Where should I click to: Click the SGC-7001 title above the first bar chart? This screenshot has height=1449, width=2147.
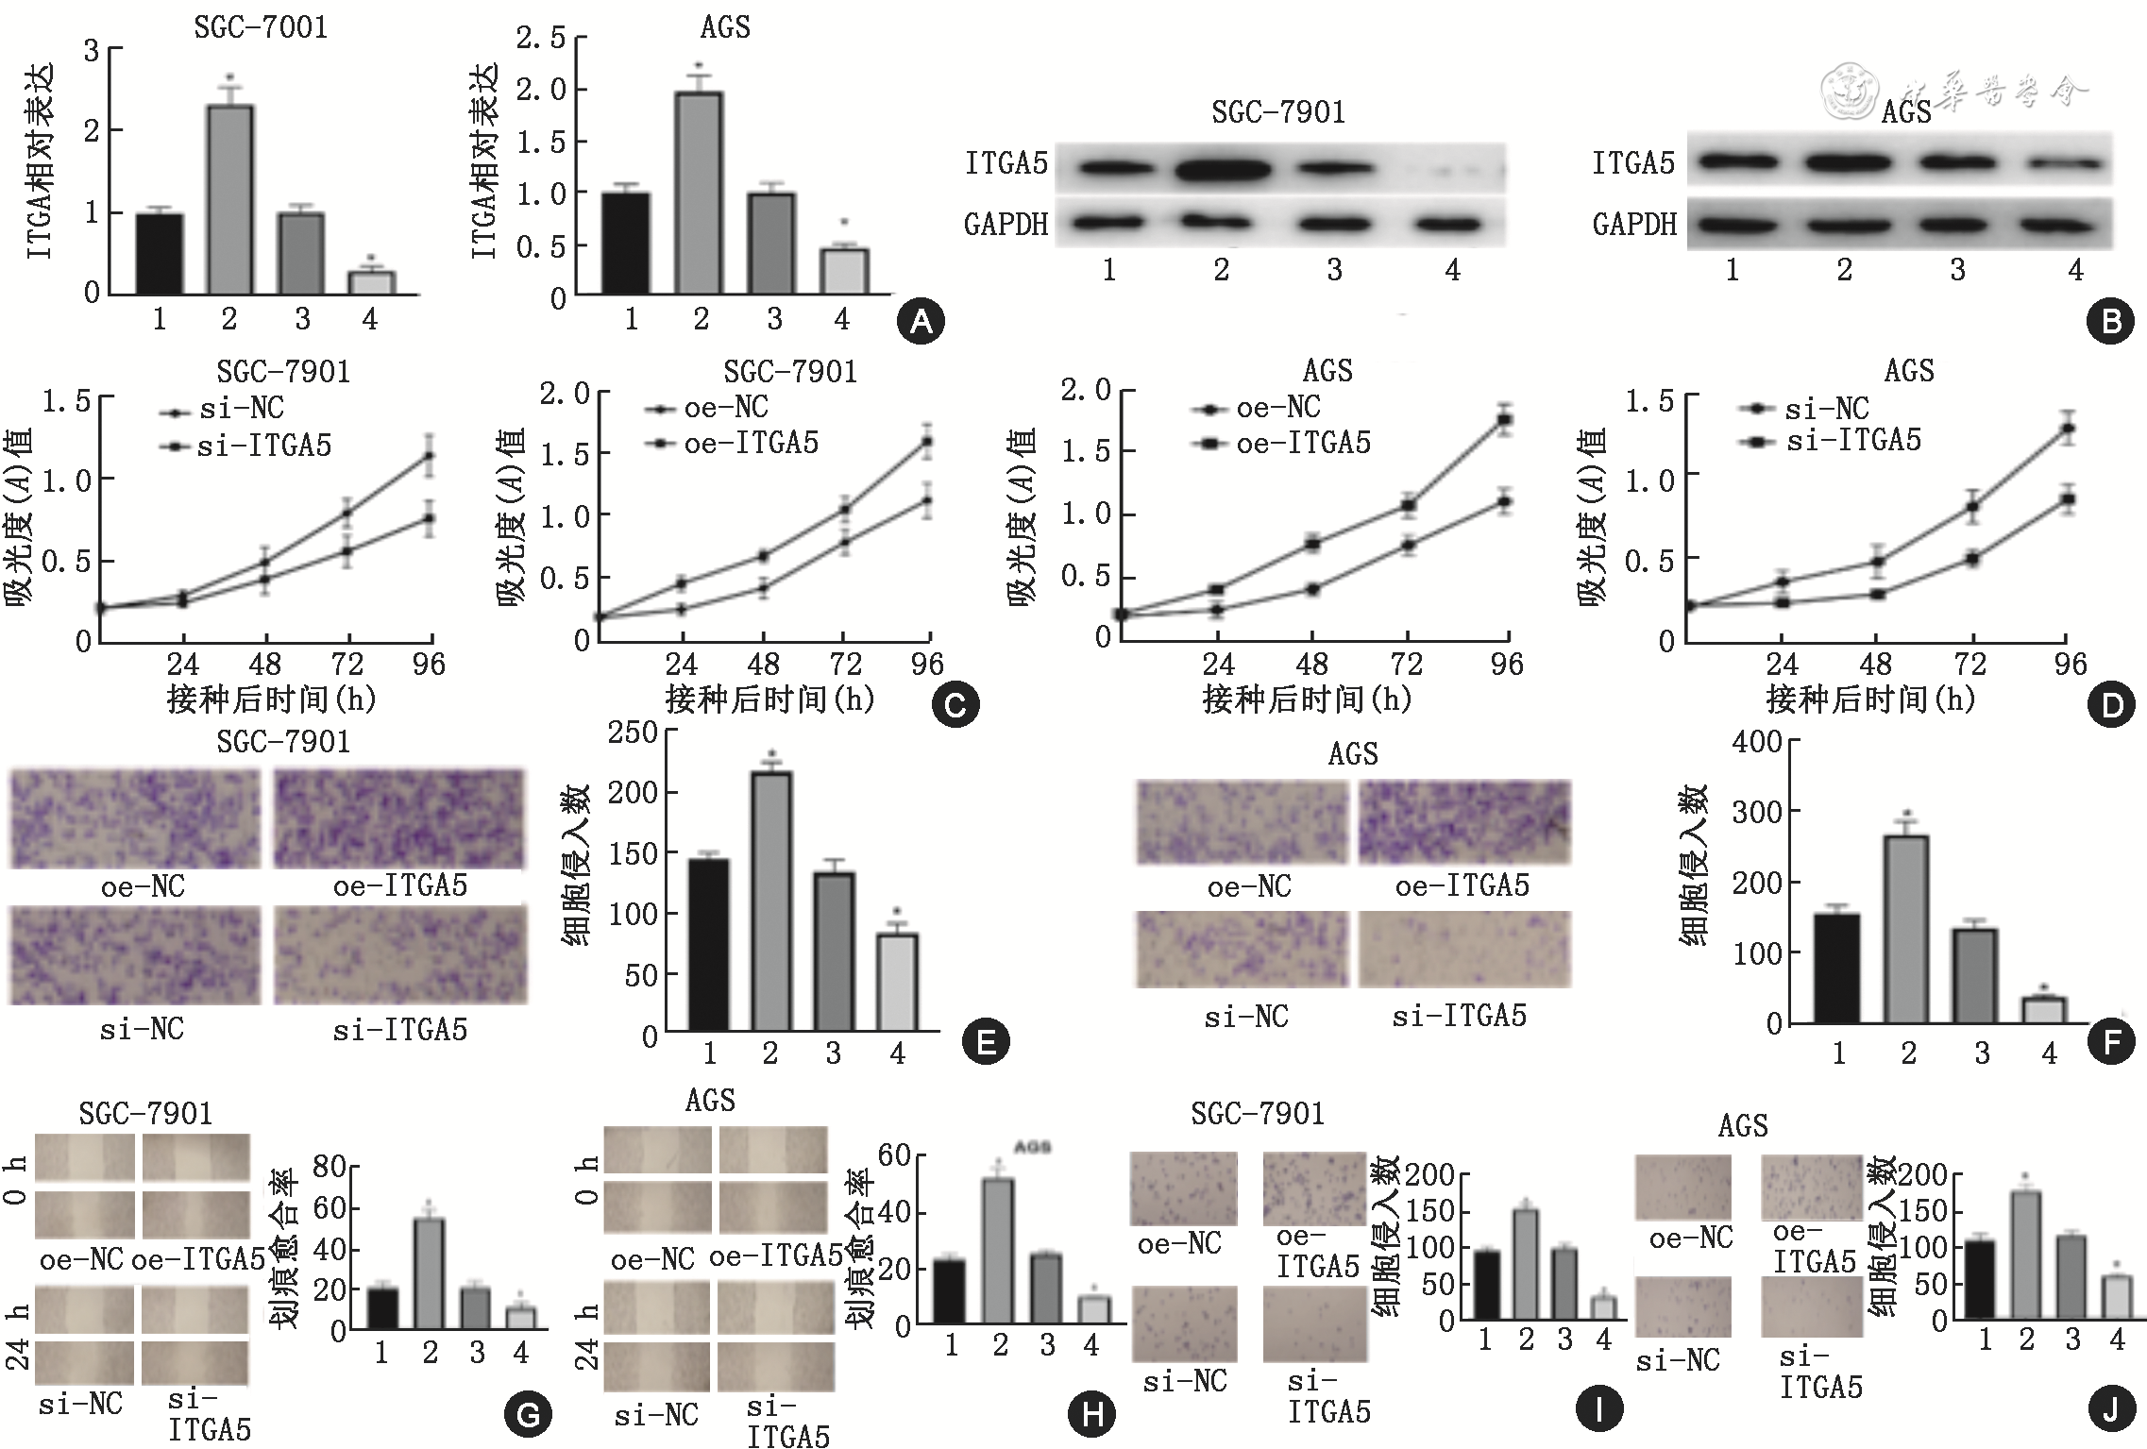point(261,26)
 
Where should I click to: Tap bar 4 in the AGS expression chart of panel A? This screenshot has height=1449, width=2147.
point(843,271)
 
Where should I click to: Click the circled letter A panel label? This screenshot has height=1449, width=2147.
point(920,321)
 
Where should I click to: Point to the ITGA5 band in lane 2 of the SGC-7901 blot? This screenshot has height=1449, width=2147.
point(1222,171)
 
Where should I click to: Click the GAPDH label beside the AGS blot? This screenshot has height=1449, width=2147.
point(1634,225)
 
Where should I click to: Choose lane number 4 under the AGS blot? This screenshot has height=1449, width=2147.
point(2074,271)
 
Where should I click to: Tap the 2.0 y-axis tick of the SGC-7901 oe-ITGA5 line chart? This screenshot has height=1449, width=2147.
point(565,394)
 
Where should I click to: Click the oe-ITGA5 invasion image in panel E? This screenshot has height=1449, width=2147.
point(398,818)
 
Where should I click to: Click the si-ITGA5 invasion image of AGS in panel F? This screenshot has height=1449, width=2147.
point(1464,949)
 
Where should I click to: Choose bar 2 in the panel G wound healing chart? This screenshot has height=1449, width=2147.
point(430,1273)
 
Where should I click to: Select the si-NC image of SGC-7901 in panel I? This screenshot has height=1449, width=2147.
point(1184,1323)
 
